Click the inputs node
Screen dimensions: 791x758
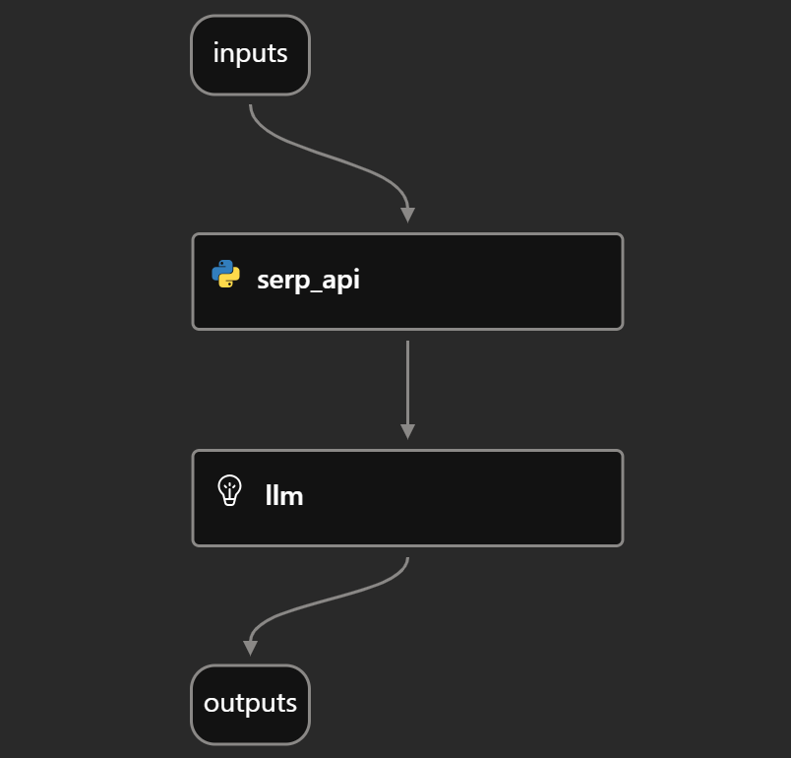pos(250,55)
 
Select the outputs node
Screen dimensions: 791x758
pos(250,705)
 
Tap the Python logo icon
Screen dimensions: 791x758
pos(225,274)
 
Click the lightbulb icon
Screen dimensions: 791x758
pos(229,490)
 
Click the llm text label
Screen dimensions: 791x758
pos(284,495)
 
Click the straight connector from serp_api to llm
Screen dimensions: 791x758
pos(407,390)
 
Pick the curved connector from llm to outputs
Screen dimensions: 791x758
pos(329,600)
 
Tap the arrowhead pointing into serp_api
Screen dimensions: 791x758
pos(407,215)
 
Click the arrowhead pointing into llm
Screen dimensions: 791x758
pos(407,432)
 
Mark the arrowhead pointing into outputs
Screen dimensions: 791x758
pos(250,648)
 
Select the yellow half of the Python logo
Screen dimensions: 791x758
pos(229,279)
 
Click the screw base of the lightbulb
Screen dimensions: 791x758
pos(229,502)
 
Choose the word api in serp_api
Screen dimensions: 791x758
pos(340,281)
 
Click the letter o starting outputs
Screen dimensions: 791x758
pos(211,704)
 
